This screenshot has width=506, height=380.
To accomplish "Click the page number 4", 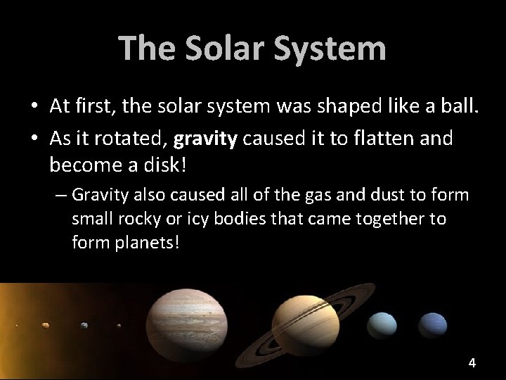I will point(472,363).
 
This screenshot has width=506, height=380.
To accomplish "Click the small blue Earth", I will point(84,325).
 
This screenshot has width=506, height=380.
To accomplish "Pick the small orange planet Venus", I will point(47,325).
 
